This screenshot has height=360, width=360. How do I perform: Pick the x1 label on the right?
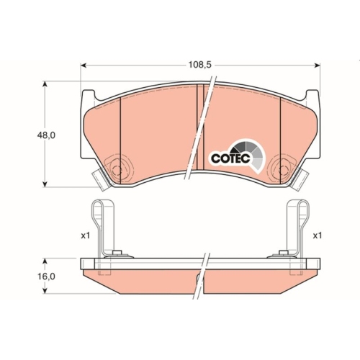(317, 235)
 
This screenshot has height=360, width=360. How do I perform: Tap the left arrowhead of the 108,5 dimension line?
(81, 66)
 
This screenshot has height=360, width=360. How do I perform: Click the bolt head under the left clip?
(117, 253)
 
